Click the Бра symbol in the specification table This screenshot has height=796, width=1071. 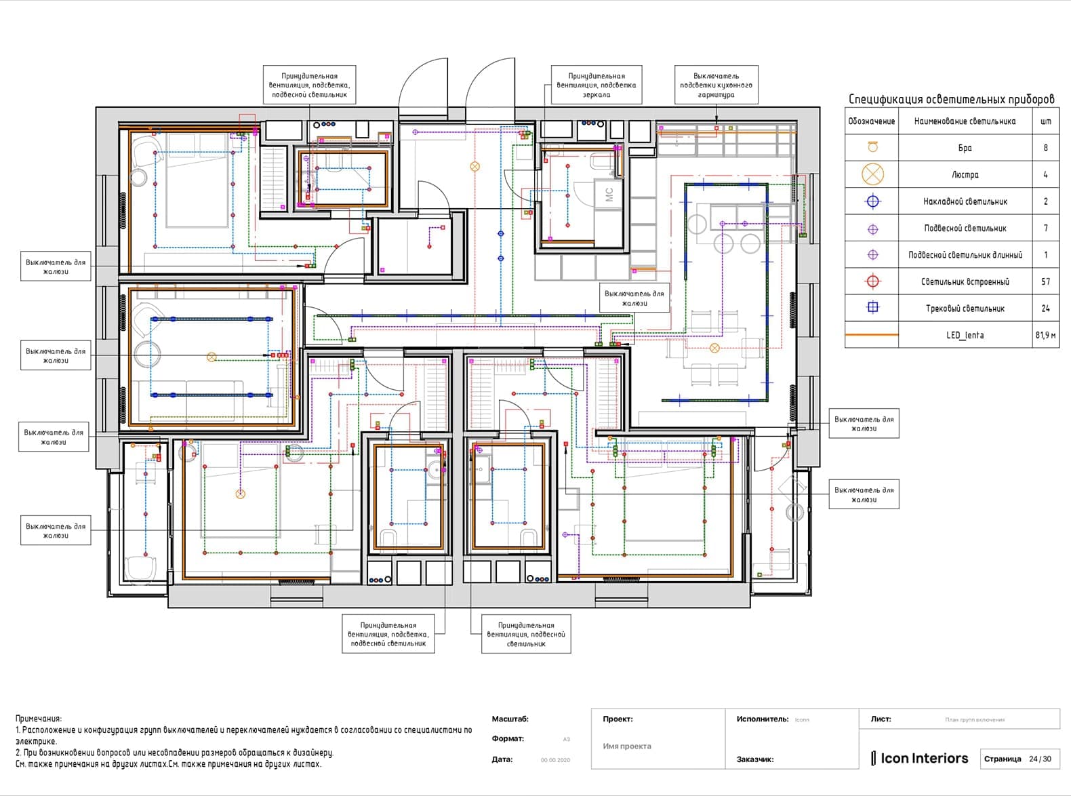[x=872, y=147]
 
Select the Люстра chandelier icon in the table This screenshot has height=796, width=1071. [x=872, y=174]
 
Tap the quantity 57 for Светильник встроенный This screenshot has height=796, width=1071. [x=1045, y=281]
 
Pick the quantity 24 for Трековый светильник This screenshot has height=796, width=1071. [x=1045, y=309]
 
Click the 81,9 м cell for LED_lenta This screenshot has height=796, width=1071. [x=1045, y=335]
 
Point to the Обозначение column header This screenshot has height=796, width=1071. [x=872, y=121]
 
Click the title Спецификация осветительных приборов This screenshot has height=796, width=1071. [x=952, y=99]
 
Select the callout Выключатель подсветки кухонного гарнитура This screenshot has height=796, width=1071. [x=716, y=85]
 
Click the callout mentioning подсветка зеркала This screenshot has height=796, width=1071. [x=596, y=85]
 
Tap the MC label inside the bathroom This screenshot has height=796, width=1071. [x=609, y=195]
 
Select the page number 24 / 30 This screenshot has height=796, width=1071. [x=1040, y=759]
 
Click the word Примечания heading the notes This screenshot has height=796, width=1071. [x=38, y=719]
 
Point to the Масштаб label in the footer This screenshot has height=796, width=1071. [x=510, y=719]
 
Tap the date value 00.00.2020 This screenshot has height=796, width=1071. [x=555, y=760]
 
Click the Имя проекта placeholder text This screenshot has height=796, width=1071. [x=627, y=746]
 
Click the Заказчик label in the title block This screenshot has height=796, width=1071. [x=755, y=759]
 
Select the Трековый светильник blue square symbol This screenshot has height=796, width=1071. [x=872, y=308]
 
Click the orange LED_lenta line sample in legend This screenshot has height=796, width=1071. [x=872, y=335]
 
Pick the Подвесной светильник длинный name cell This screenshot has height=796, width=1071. [x=965, y=255]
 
